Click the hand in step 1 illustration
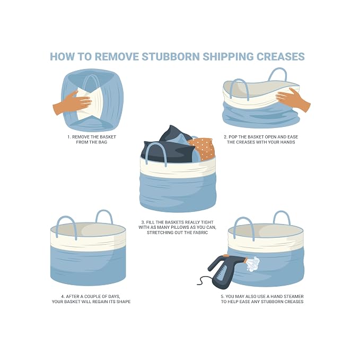tap(73, 102)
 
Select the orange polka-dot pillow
tap(203, 148)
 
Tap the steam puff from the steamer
tap(253, 264)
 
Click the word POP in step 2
tap(233, 137)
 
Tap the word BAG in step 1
tap(103, 142)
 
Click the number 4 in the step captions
tap(63, 296)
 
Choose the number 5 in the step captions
tap(222, 296)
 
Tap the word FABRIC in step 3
tap(200, 233)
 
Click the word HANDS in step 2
tap(287, 142)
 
